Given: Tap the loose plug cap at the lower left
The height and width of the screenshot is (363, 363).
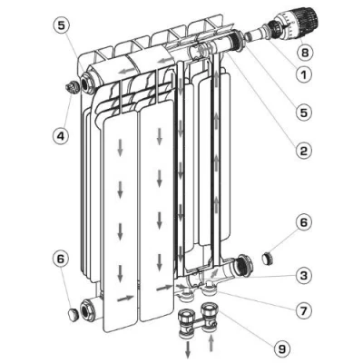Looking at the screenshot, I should click(x=71, y=313).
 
